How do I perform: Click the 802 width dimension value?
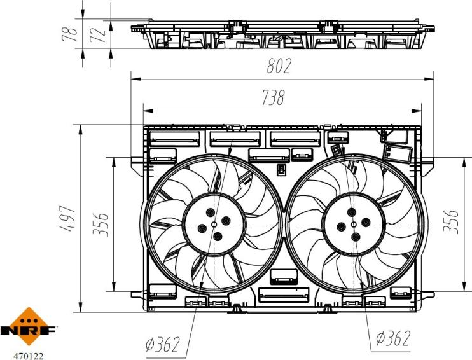point(277,66)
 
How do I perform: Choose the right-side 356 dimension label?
point(454,221)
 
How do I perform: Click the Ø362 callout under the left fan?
point(163,345)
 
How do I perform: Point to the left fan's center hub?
point(212,225)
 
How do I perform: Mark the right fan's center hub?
point(352,225)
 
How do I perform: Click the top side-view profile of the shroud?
point(282,36)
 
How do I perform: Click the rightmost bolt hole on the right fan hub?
point(366,221)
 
